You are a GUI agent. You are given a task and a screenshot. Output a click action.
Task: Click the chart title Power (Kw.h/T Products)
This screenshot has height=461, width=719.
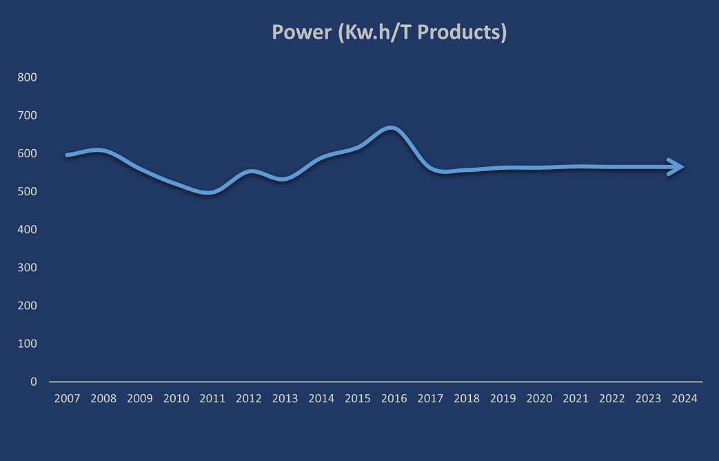click(x=389, y=32)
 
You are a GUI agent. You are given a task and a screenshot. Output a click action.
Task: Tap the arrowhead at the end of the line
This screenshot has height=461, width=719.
click(x=677, y=167)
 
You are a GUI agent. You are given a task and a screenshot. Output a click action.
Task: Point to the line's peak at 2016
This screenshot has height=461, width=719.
click(x=391, y=128)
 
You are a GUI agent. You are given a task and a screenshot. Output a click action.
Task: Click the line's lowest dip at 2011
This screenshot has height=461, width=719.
click(x=210, y=193)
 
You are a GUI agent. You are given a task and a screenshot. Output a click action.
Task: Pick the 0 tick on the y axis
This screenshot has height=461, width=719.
click(x=33, y=381)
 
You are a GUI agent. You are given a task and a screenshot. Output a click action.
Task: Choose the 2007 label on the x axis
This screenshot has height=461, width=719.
click(x=67, y=398)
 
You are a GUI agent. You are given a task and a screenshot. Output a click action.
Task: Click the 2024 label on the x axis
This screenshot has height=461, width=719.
click(x=685, y=398)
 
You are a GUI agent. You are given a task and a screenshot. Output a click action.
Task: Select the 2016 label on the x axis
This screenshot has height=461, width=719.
click(x=394, y=398)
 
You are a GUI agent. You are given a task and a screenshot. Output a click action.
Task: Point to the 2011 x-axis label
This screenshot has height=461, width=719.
click(x=212, y=398)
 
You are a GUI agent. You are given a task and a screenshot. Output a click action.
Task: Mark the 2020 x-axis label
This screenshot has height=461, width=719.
click(x=539, y=398)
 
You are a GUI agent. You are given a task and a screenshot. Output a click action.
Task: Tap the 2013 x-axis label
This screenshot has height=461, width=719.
click(x=285, y=398)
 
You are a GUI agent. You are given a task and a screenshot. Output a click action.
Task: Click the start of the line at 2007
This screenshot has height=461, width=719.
click(x=68, y=155)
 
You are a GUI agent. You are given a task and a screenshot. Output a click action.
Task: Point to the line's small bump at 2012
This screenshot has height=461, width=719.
click(x=250, y=171)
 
